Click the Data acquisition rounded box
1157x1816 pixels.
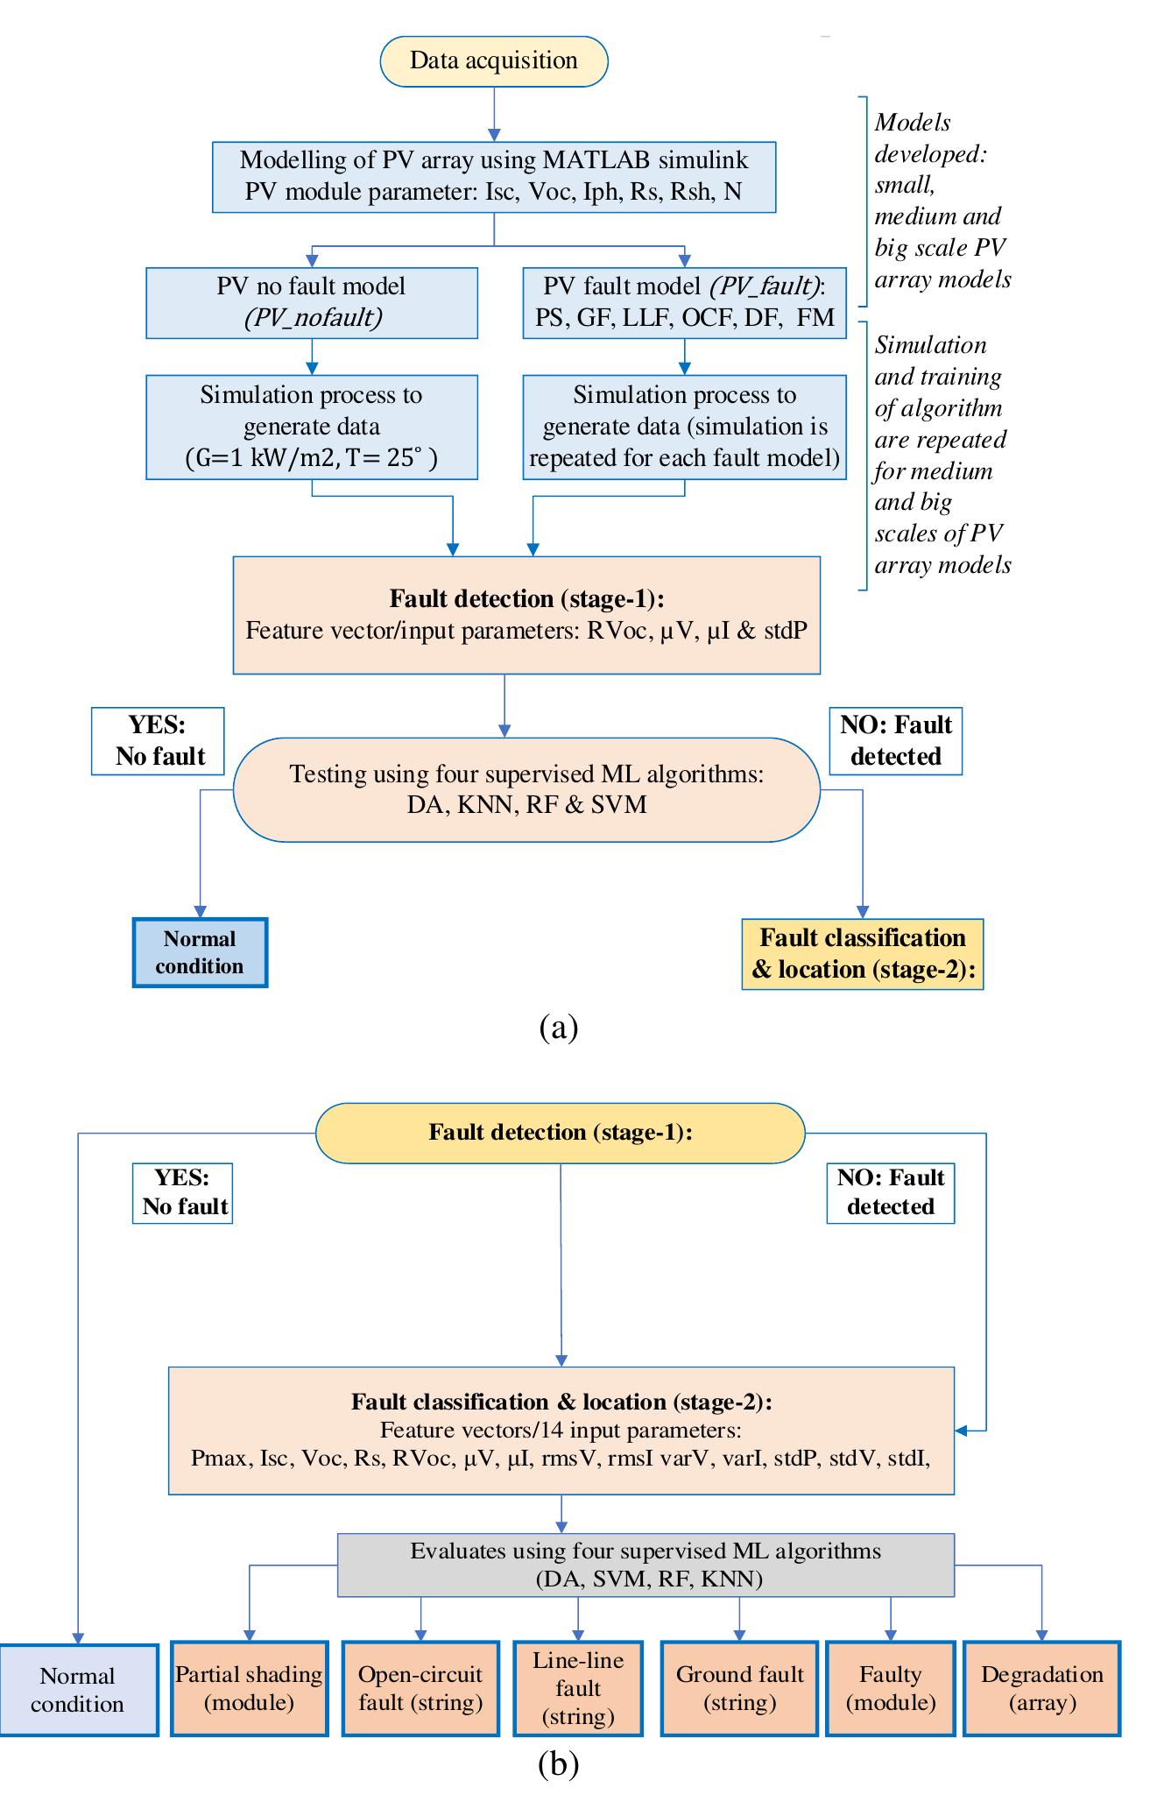point(493,61)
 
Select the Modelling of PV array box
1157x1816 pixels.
point(494,177)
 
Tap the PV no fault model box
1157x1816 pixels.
point(312,303)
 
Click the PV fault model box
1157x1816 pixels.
point(684,303)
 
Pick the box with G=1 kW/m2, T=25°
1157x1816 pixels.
point(312,428)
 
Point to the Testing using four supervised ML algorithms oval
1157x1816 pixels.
point(526,790)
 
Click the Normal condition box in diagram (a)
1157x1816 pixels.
point(200,953)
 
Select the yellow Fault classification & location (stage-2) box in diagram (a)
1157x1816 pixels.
point(863,954)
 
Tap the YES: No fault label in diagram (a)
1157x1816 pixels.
point(158,741)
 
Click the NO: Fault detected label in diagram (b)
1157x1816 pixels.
point(890,1192)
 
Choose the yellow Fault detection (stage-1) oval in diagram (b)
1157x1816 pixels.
point(560,1133)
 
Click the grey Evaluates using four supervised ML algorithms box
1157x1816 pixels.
point(646,1565)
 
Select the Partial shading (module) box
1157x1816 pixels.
point(250,1689)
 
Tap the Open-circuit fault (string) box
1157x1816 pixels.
point(420,1689)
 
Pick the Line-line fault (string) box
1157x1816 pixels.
point(578,1689)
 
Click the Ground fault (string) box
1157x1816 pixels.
point(739,1689)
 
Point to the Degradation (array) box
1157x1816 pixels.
point(1041,1689)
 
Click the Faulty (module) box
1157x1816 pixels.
point(890,1689)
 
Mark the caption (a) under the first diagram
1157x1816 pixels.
point(559,1026)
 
